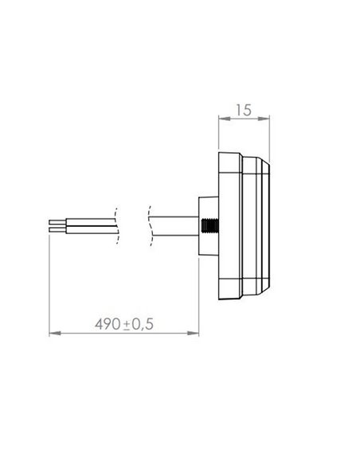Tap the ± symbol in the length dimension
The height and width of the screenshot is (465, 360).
(x=127, y=325)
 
